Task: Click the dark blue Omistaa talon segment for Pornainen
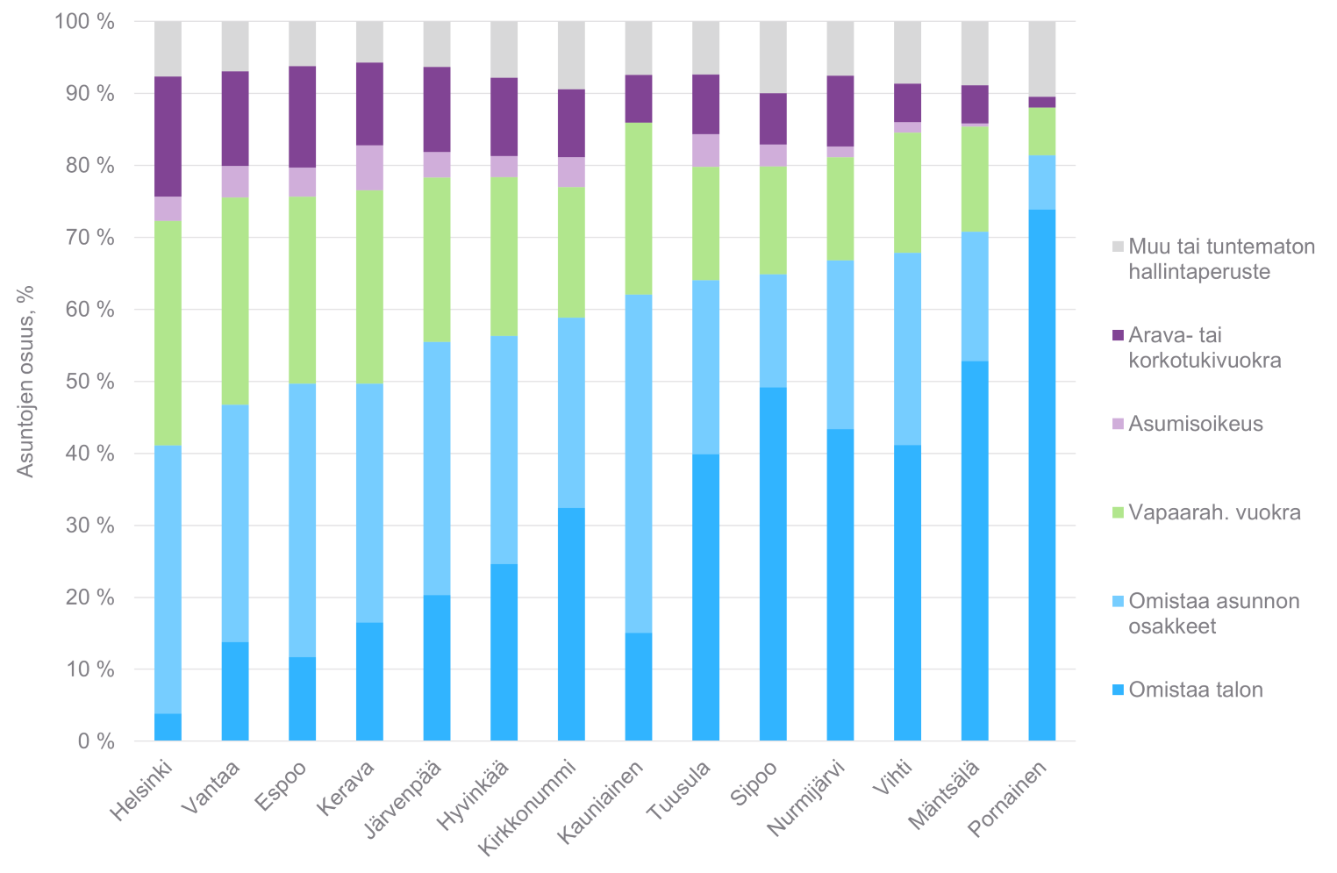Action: pos(1042,475)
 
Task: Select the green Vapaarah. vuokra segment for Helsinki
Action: pos(168,333)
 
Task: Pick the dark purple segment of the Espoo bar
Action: pos(303,117)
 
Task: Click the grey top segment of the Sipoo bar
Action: pos(773,57)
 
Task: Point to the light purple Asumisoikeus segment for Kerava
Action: pos(369,168)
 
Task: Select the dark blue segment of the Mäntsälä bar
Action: pos(975,551)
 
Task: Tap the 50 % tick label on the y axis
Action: pos(86,382)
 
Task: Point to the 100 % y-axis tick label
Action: pos(84,22)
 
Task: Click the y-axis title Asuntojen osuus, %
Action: pos(25,381)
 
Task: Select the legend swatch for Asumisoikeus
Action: pos(1117,424)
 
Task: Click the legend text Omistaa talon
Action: pos(1196,690)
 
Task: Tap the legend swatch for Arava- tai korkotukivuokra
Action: pos(1117,335)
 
